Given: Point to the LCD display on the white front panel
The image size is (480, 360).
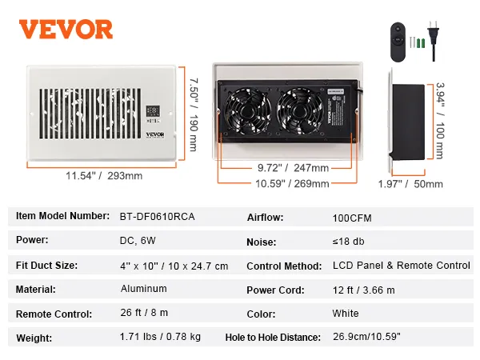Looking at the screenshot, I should click(x=154, y=111).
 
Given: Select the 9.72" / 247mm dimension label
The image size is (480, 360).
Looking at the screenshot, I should click(x=293, y=168).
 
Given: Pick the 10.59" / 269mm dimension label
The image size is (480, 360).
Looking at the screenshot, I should click(x=293, y=183).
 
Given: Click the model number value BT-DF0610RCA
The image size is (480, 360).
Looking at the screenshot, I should click(x=155, y=216).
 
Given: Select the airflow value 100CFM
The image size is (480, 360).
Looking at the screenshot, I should click(x=352, y=217).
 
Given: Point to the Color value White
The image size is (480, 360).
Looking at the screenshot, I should click(x=346, y=314).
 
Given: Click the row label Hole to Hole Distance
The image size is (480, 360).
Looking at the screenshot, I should click(x=273, y=338).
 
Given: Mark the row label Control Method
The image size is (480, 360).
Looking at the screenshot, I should click(x=284, y=266).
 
